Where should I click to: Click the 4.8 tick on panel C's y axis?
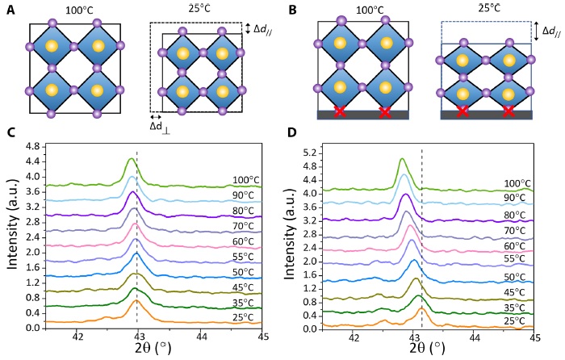31,147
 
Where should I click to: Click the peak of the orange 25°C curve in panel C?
137,300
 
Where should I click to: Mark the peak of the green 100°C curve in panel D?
402,160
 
